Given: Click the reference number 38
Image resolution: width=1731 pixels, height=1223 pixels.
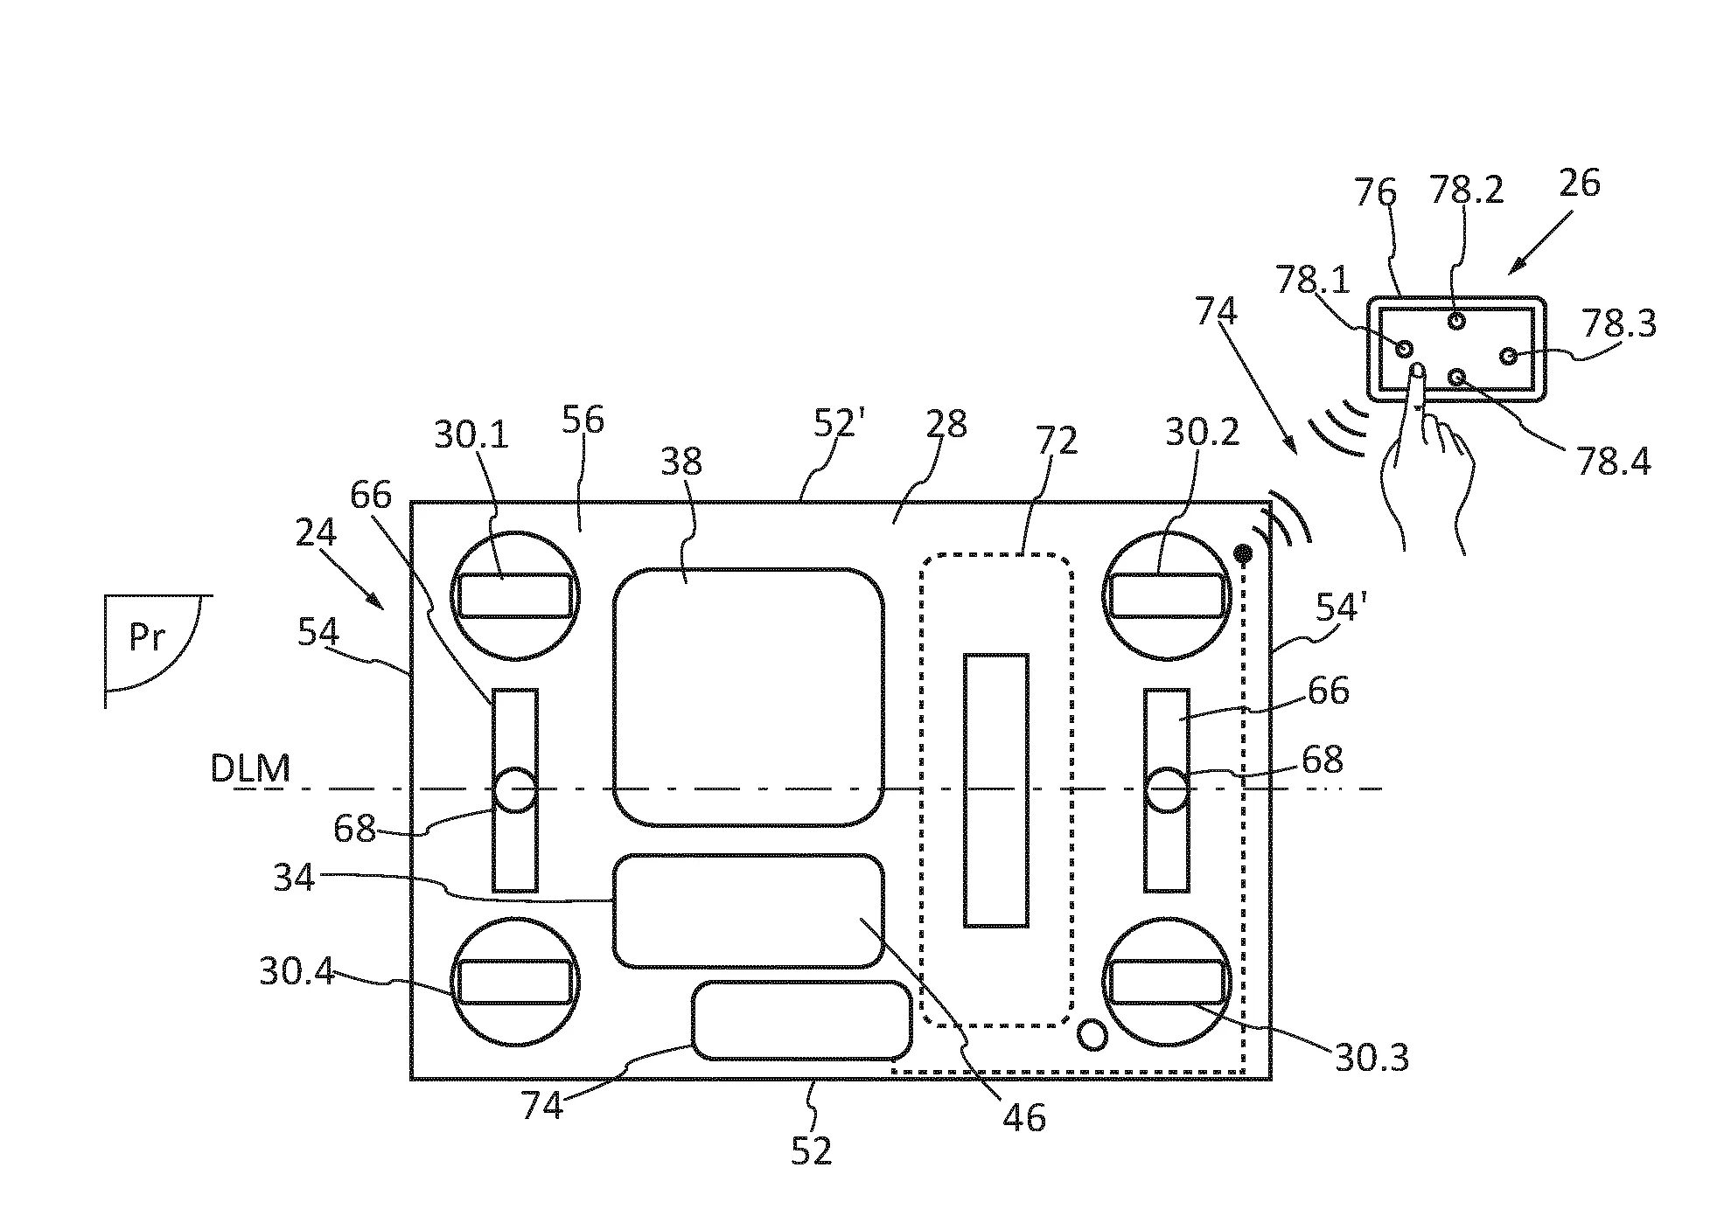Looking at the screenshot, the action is tap(681, 462).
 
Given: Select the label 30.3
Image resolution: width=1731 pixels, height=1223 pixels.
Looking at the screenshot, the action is tap(1372, 1059).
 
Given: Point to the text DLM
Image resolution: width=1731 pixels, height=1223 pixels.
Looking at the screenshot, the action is tap(250, 768).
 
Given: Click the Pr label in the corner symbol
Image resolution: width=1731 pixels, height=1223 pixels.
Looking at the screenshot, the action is tap(147, 637).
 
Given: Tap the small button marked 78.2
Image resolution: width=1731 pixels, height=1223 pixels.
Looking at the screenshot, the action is tap(1456, 321).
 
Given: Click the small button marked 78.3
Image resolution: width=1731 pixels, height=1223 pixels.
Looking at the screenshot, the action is tap(1509, 356).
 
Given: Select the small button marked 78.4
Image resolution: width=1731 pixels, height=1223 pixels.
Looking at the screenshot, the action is tap(1456, 377).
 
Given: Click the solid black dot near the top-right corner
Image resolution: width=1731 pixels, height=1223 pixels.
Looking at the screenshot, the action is tap(1242, 552).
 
